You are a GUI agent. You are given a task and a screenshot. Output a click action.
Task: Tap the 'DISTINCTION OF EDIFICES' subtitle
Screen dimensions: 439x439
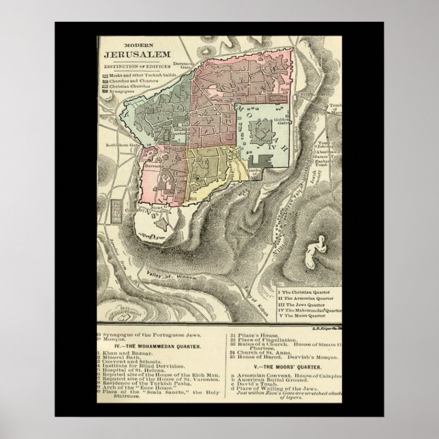(131, 65)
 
